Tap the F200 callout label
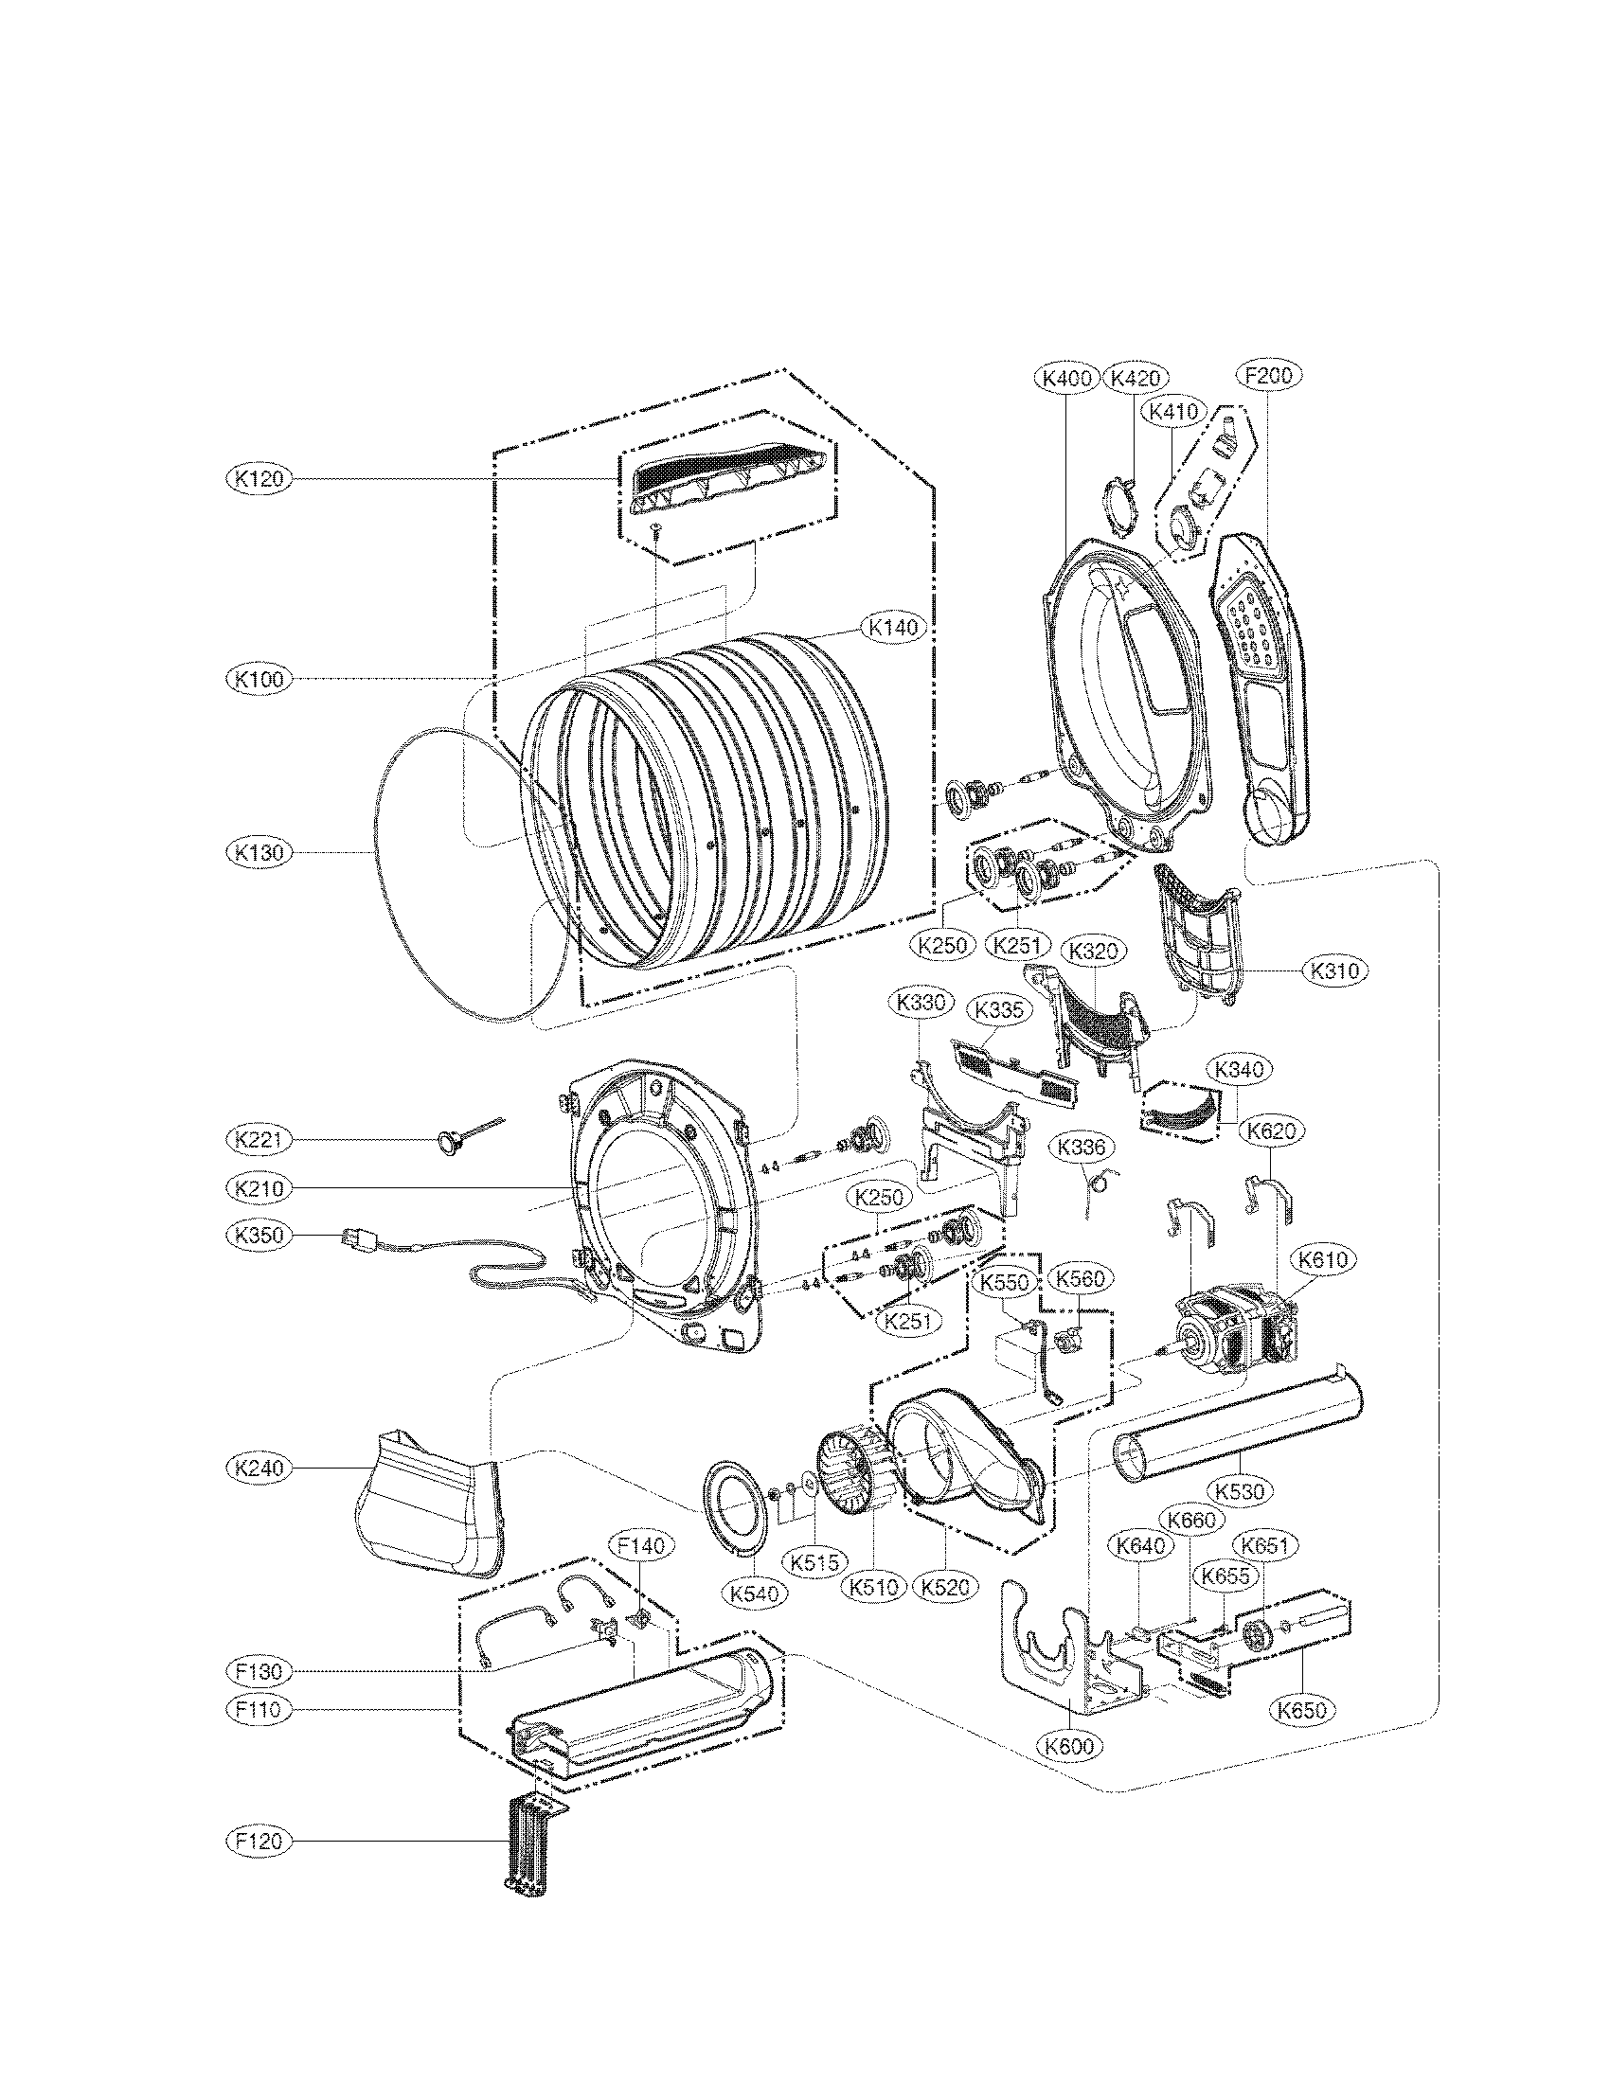pos(1268,375)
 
